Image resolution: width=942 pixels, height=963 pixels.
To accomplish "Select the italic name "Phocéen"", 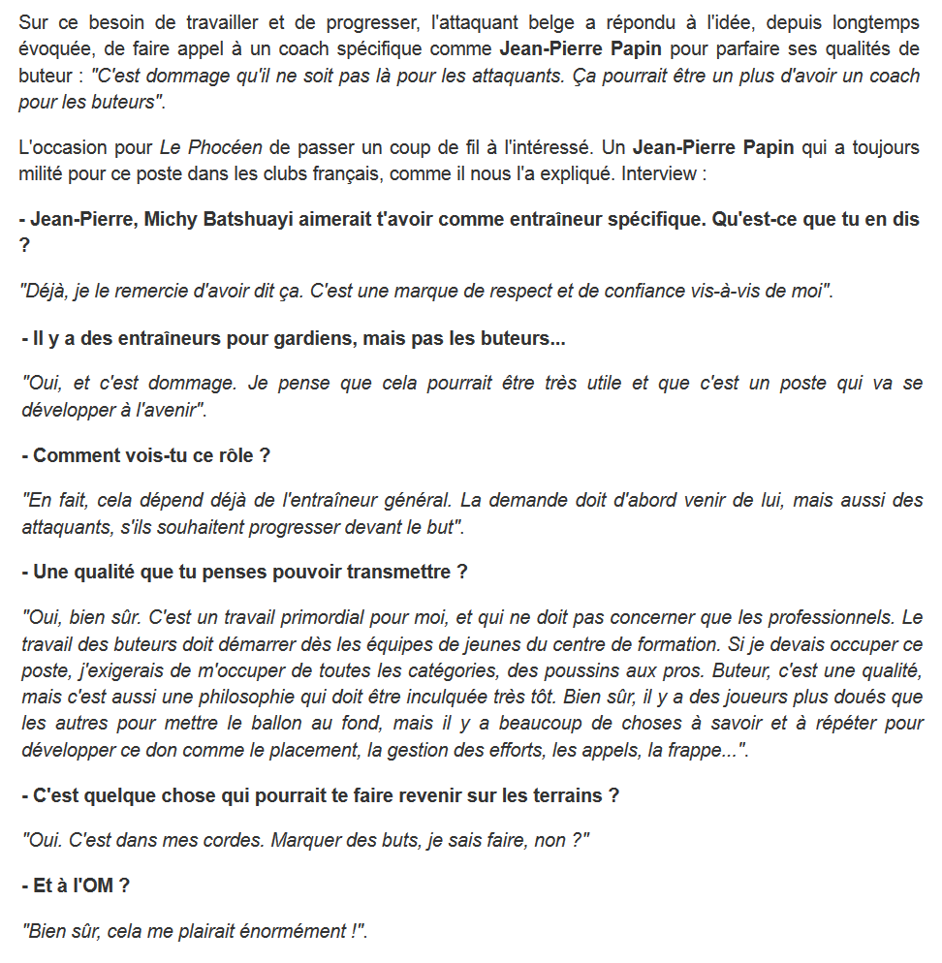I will (227, 148).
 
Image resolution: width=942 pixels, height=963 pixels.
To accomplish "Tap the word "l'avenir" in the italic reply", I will (164, 410).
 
